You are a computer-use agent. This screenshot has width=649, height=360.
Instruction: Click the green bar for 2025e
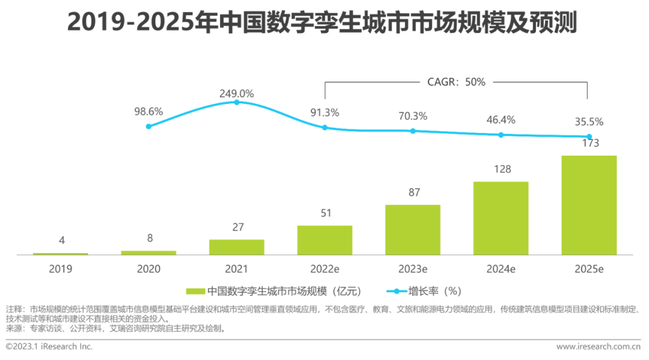(589, 205)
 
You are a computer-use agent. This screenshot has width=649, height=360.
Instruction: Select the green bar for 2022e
(324, 240)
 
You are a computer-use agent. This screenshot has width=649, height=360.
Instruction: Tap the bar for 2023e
(413, 230)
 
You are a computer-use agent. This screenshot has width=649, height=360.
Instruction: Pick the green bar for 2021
(237, 247)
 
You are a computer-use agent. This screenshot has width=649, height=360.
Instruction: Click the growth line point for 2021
(237, 102)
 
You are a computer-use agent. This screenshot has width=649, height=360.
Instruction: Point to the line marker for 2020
(148, 126)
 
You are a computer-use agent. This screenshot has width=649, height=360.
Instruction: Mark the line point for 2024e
(501, 135)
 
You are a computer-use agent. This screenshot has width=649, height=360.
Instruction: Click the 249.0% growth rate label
(237, 94)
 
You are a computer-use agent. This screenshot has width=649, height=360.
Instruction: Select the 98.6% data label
(148, 112)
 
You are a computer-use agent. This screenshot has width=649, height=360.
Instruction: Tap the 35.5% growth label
(589, 122)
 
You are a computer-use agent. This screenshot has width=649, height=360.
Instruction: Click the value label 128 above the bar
(501, 169)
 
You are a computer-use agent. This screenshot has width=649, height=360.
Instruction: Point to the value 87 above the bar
(413, 193)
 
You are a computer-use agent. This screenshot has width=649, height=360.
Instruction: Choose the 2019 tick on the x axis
(60, 269)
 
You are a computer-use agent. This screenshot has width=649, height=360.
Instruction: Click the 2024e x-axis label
(501, 269)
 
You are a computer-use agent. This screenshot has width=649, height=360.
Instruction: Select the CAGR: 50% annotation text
(456, 82)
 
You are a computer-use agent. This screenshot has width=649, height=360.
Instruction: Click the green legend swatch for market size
(196, 291)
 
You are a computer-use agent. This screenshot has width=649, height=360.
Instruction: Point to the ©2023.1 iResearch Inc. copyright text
(49, 347)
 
